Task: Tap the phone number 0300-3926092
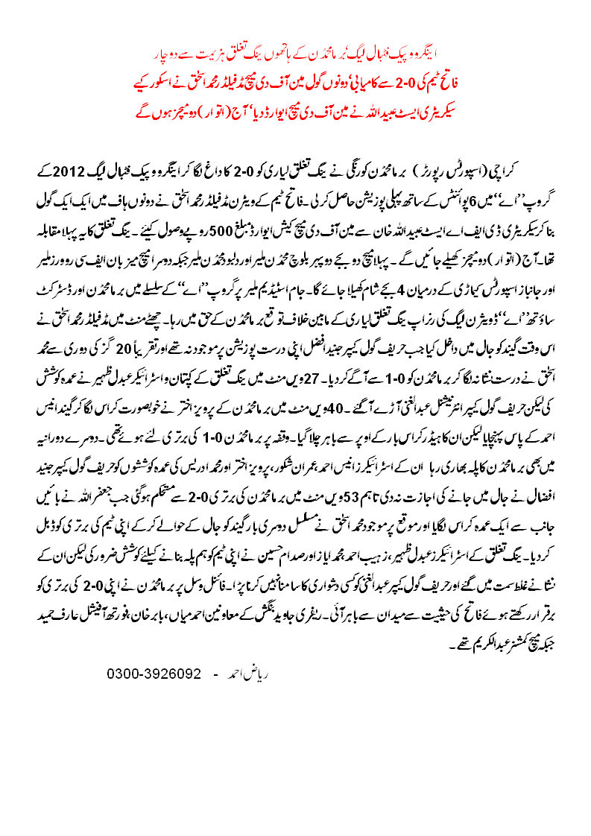click(154, 632)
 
